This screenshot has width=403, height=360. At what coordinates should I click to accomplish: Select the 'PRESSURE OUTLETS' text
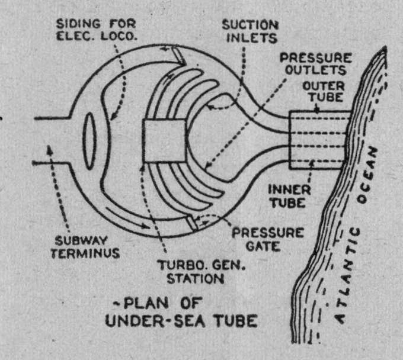point(316,66)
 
